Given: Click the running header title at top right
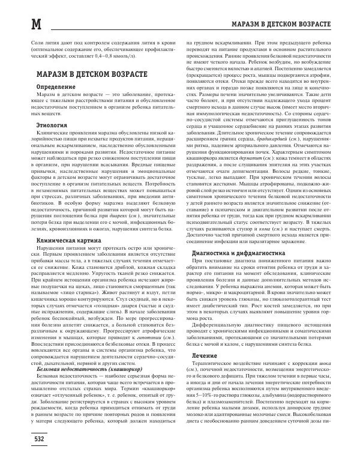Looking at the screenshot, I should pos(278,24).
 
